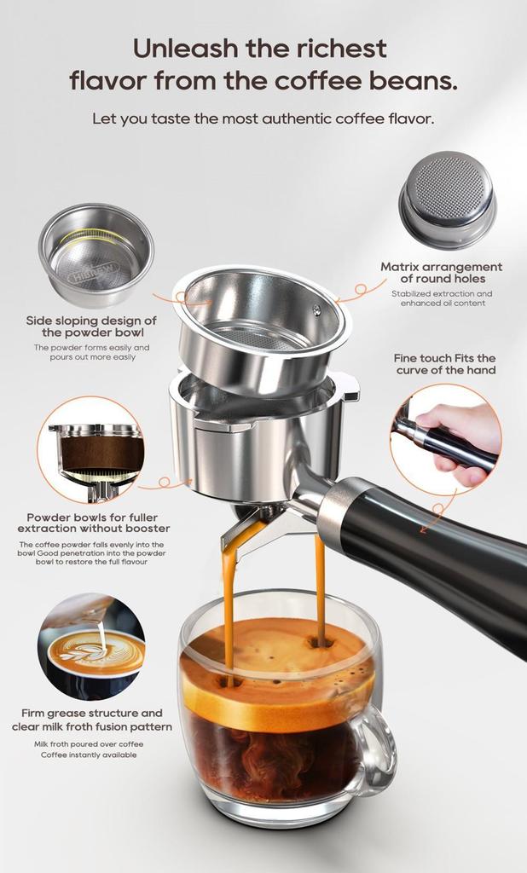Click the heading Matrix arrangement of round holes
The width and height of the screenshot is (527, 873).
coord(442,273)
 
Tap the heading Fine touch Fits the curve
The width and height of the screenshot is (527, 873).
coord(444,364)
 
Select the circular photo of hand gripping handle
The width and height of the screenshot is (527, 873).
coord(445,439)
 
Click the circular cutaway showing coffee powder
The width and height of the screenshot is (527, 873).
coord(90,449)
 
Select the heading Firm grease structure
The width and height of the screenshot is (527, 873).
coord(92,720)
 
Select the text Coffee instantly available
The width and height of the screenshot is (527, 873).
coord(89,754)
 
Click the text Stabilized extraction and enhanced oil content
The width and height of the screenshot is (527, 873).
coord(442,298)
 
